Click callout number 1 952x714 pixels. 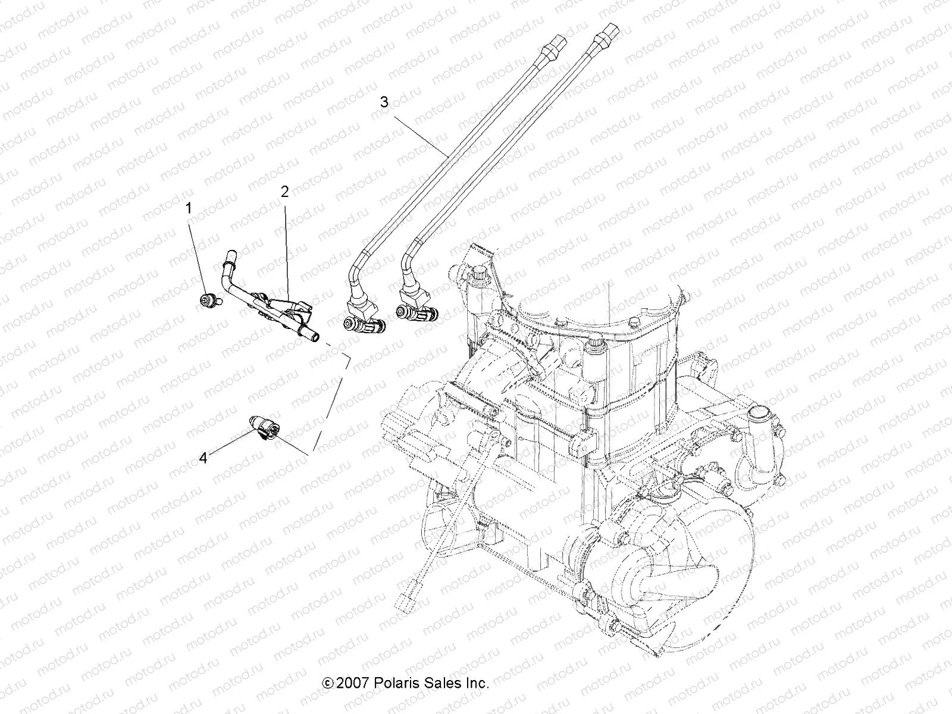click(189, 208)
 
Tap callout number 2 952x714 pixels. click(284, 192)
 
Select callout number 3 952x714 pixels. click(400, 102)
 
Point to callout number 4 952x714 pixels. click(203, 459)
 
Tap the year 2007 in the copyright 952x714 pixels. click(353, 683)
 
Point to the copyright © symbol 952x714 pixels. click(327, 684)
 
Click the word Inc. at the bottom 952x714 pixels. click(475, 683)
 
